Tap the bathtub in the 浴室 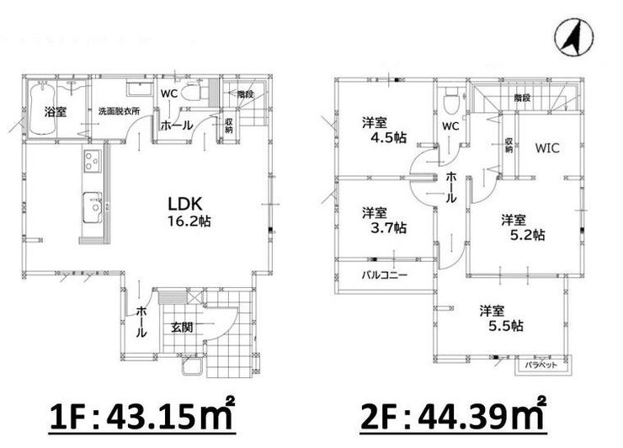(42, 108)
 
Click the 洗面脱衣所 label (120, 111)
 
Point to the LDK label (185, 205)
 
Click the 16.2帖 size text (189, 221)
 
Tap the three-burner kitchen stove (93, 160)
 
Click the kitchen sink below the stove (93, 207)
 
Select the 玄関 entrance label (183, 327)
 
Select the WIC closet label (547, 148)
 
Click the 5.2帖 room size (527, 235)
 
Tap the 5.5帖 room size (505, 326)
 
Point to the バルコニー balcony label (385, 275)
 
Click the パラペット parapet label (540, 365)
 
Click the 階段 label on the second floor (522, 98)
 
